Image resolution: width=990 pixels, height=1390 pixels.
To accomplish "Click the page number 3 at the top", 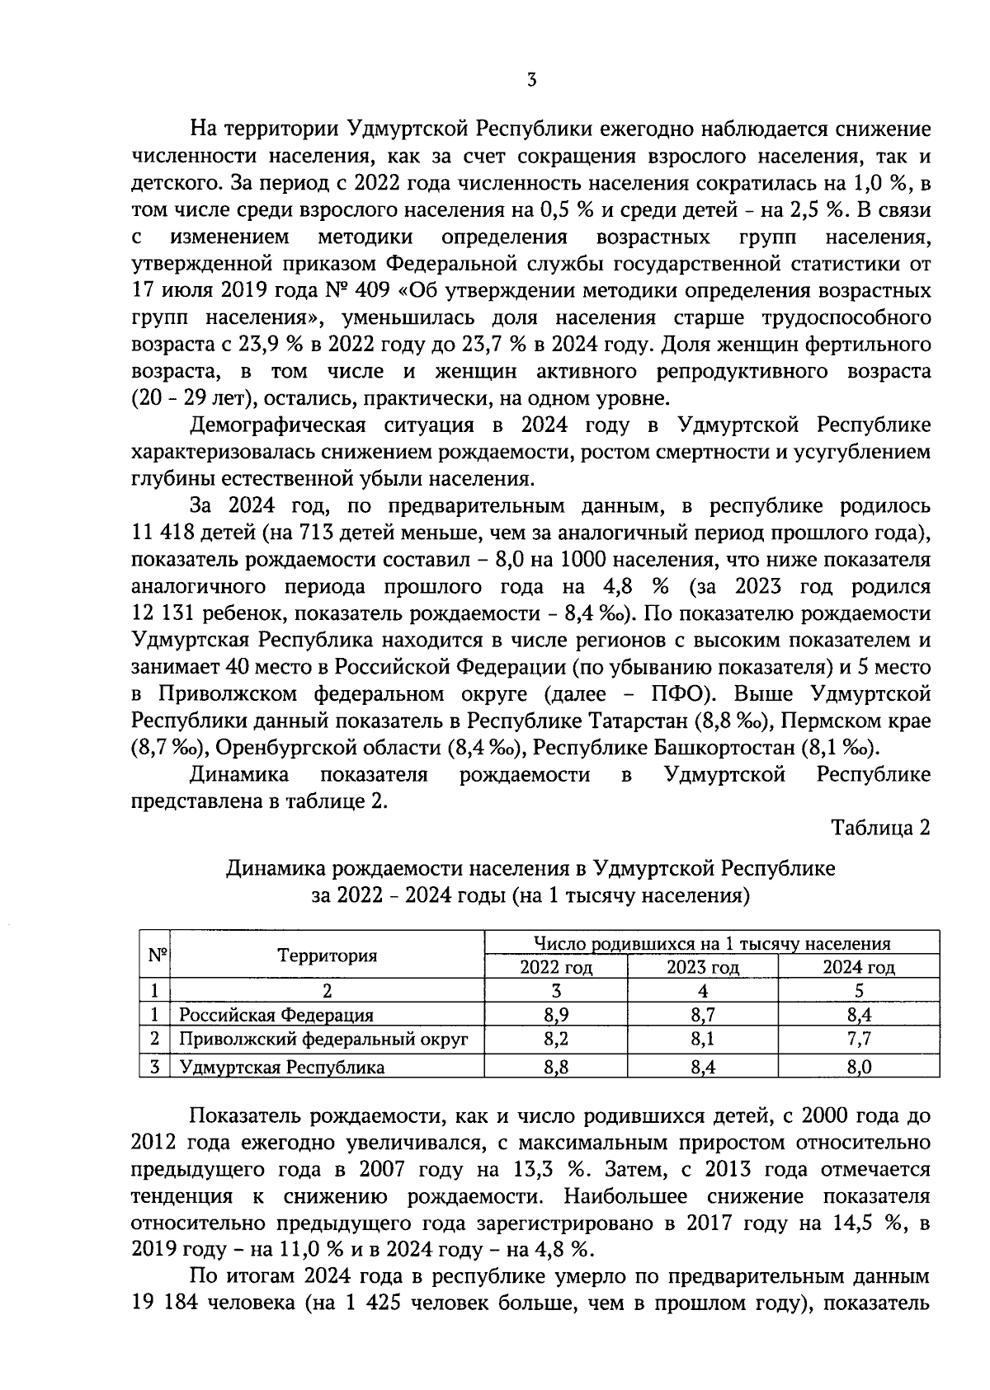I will (532, 80).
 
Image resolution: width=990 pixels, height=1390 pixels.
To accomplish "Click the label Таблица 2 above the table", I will (880, 828).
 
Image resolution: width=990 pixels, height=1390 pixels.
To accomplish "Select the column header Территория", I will (328, 956).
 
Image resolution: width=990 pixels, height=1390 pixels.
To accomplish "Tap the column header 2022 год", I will (556, 967).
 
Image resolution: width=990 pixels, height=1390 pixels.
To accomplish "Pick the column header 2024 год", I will (859, 967).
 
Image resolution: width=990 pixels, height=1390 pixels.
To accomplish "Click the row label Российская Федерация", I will (276, 1016).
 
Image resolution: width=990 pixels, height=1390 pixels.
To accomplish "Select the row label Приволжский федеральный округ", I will (324, 1040).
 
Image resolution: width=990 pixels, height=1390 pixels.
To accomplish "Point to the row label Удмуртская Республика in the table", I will (282, 1068).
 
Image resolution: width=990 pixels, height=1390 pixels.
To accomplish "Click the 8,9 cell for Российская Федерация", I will (556, 1016).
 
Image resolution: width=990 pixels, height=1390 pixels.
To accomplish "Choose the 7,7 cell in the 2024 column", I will (859, 1040).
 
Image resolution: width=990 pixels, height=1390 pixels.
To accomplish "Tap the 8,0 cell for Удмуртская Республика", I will (859, 1068).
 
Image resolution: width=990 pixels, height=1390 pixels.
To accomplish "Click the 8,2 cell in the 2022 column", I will (556, 1040).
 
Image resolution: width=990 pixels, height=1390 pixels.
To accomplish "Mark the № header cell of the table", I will (158, 956).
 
